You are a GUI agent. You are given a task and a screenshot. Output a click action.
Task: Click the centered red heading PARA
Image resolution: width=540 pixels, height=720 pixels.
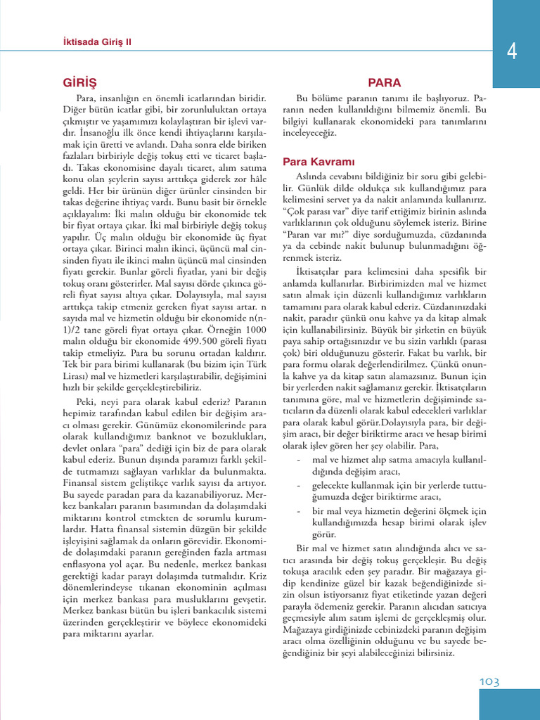(x=385, y=82)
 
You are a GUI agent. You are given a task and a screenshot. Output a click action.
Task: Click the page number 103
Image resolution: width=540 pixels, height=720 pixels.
(x=490, y=681)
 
